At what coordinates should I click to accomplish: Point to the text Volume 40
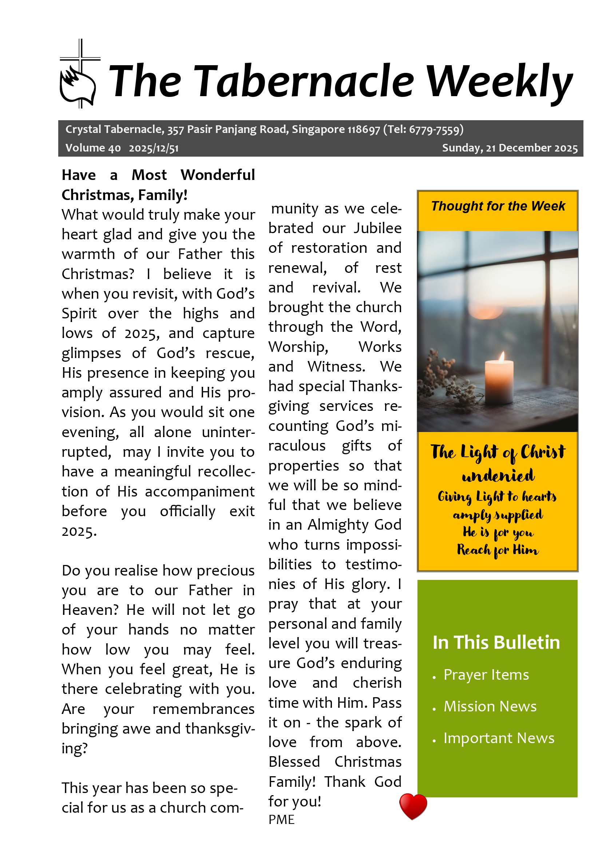[93, 148]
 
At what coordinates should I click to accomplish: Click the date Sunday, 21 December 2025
[509, 148]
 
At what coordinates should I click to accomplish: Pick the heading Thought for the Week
[498, 206]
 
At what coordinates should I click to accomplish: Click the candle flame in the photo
[502, 357]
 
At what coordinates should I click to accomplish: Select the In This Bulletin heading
[496, 643]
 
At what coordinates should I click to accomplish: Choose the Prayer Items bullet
[486, 675]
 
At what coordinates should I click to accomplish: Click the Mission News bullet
[490, 707]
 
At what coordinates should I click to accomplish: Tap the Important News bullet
[499, 738]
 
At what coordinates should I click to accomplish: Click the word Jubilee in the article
[377, 228]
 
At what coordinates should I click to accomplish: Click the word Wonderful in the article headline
[218, 175]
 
